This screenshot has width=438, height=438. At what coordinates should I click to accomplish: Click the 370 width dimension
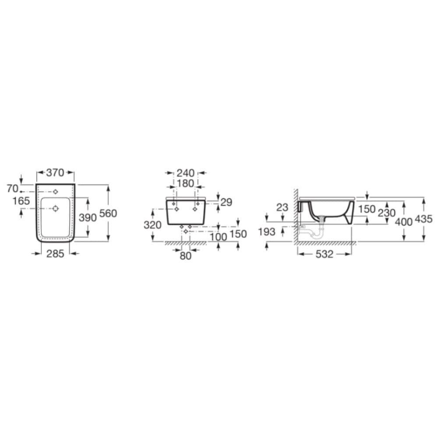click(x=55, y=173)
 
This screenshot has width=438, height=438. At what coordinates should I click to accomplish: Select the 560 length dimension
click(x=108, y=213)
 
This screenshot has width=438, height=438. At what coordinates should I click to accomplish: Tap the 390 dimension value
click(x=88, y=217)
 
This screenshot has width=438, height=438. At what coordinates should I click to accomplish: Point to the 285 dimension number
click(x=55, y=254)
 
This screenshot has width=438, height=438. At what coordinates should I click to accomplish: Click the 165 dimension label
click(x=21, y=201)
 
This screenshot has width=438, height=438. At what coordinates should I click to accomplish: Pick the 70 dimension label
click(x=13, y=189)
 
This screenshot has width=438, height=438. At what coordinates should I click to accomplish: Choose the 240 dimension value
click(x=185, y=173)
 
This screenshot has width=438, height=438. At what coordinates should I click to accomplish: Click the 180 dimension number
click(x=185, y=184)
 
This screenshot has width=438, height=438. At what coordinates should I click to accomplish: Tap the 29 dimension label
click(x=226, y=202)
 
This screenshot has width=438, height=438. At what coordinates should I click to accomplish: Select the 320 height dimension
click(x=152, y=225)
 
